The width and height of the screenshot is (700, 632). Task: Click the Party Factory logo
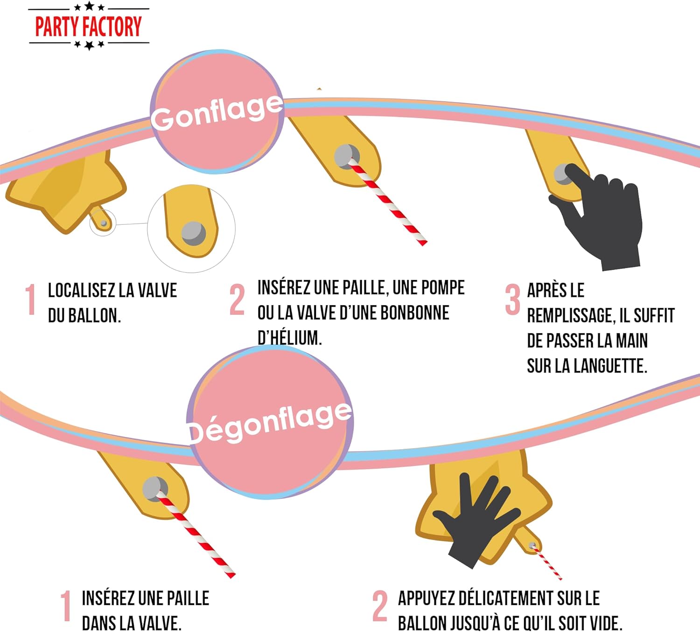pos(89,26)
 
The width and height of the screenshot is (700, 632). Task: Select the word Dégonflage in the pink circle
pos(269,422)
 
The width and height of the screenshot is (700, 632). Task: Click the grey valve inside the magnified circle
pos(193,233)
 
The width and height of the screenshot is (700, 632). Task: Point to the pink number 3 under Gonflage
pos(512,299)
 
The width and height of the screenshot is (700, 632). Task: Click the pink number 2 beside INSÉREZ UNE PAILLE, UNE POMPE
pos(237,299)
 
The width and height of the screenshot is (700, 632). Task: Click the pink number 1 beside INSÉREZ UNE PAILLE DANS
pos(66,606)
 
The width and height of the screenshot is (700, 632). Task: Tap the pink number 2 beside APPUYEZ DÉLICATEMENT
pos(380,606)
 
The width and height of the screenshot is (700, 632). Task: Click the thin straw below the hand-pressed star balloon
pos(548,563)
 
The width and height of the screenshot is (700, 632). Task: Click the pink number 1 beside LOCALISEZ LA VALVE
pos(31,299)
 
